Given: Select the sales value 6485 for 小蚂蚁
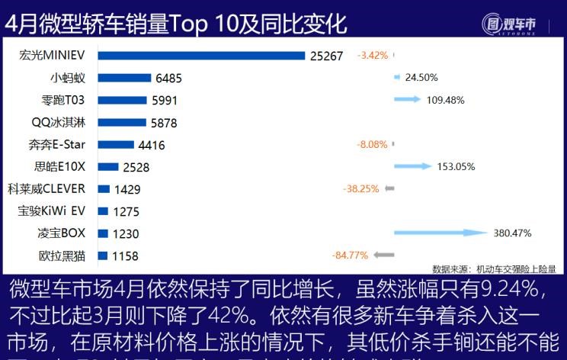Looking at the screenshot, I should point(168,78).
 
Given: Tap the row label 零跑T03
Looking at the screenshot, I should point(65,99).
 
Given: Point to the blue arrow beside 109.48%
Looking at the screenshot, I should point(407,99).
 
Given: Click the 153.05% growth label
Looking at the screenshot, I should point(456,167).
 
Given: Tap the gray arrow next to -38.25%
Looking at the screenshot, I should point(389,188).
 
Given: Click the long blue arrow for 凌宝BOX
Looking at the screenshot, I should point(440,233).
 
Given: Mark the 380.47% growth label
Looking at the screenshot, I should point(512,233).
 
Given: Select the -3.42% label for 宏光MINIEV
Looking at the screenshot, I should point(373,55).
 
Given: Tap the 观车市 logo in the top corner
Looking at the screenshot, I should point(508,24).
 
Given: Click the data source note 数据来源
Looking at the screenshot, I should point(493,268).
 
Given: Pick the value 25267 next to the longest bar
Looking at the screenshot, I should point(327,56).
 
